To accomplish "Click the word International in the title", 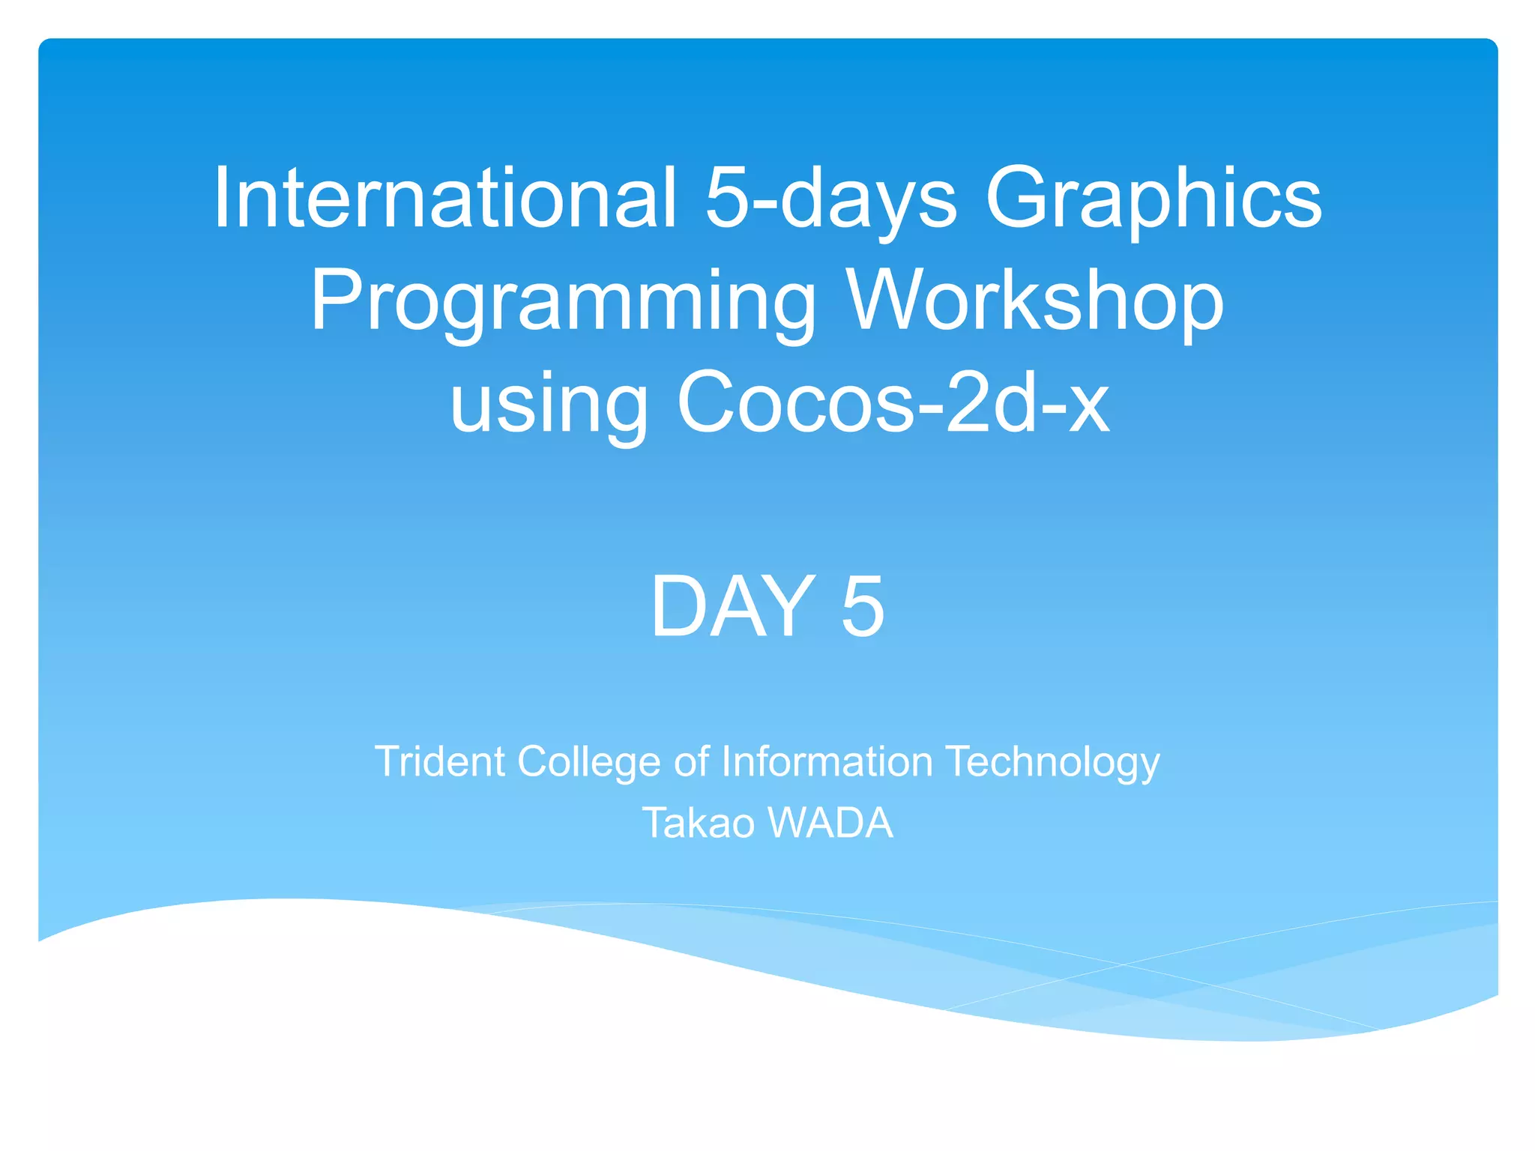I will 445,198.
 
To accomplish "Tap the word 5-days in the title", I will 830,198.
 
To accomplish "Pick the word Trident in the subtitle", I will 440,761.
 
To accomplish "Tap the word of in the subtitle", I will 691,761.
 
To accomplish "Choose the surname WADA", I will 830,823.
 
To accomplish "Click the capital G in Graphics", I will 1019,198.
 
